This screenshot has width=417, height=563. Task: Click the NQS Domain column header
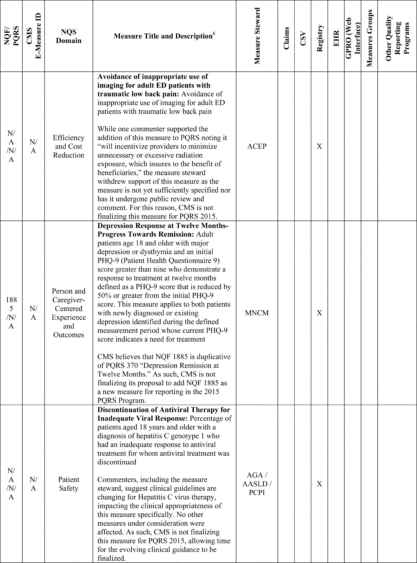69,36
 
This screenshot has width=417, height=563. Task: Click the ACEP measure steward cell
257,146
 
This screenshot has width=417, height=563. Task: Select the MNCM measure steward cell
257,313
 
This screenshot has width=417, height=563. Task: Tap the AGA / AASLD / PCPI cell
257,484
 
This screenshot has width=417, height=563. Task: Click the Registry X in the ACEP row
319,146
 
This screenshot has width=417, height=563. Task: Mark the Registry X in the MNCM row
319,313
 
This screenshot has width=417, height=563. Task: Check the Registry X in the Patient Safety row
319,484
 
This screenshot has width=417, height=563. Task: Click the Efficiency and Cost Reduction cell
69,146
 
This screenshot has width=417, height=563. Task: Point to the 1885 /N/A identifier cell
11,313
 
